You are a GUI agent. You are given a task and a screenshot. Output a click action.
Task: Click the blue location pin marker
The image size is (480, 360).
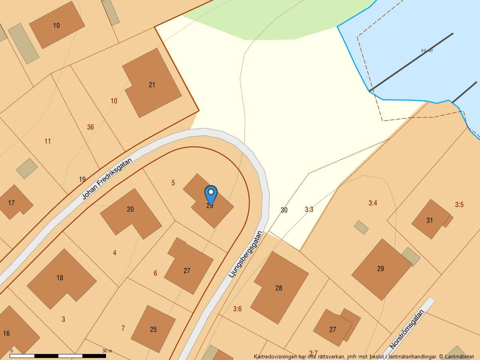(x=211, y=195)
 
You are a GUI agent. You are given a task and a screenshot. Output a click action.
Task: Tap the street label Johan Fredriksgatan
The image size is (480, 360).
(x=107, y=178)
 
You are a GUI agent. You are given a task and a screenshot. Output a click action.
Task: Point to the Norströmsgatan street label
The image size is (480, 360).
(x=407, y=329)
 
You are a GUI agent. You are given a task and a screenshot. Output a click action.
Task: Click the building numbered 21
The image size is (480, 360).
(x=152, y=84)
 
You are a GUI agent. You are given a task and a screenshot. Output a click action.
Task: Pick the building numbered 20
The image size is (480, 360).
(x=130, y=209)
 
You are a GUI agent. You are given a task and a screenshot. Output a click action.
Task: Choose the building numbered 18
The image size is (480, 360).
(x=60, y=278)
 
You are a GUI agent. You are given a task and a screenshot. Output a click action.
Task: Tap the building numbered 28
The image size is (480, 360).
(x=279, y=288)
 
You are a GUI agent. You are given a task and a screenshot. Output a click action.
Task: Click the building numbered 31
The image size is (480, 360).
(x=430, y=220)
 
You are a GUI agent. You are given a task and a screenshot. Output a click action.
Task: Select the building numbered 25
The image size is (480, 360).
(x=154, y=330)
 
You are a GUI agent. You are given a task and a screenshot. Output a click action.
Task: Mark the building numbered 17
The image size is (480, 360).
(x=12, y=203)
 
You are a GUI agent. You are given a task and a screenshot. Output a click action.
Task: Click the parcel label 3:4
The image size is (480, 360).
(x=373, y=203)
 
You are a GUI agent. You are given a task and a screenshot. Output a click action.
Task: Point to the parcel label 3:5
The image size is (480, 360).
(x=459, y=205)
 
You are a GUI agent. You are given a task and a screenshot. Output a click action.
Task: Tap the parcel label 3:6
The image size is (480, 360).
(x=238, y=309)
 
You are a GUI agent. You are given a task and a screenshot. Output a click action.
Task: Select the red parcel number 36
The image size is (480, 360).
(x=90, y=127)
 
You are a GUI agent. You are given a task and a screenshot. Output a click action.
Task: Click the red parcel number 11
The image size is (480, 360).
(x=48, y=141)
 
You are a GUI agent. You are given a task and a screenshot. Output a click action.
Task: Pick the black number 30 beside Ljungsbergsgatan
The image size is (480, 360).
(x=284, y=210)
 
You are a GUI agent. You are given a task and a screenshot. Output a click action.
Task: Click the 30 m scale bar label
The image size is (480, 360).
(x=107, y=351)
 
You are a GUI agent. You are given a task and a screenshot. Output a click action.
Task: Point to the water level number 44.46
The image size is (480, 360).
(x=426, y=51)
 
